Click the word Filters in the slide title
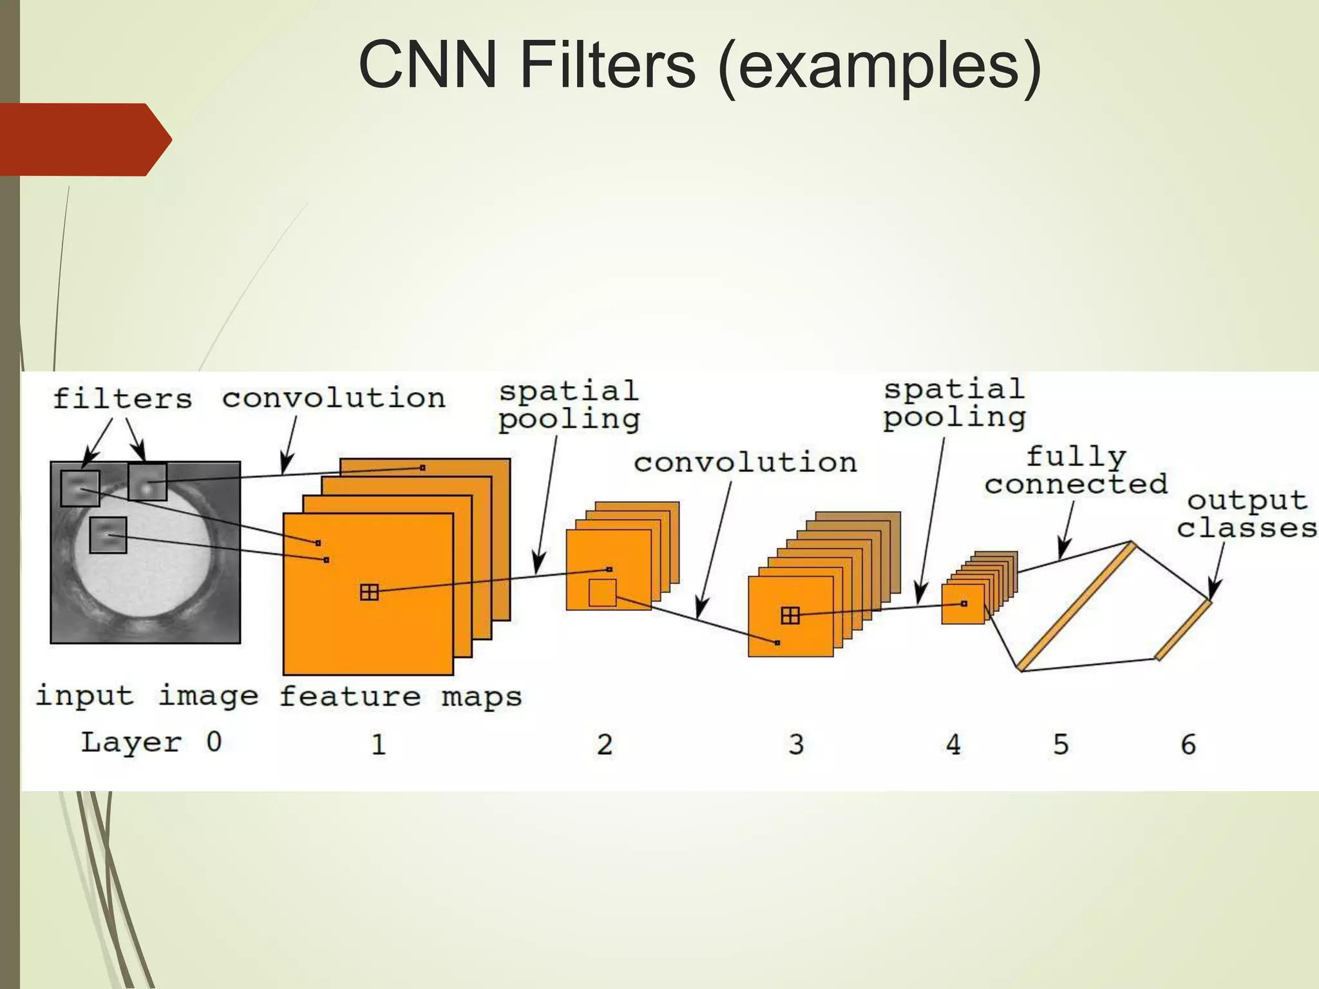pos(607,64)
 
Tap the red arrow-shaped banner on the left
pos(84,140)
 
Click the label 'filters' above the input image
pos(122,399)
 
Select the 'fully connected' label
pos(1076,471)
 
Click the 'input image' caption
pos(147,696)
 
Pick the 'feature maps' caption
pos(400,697)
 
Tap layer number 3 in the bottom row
pos(796,744)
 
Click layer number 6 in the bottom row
pos(1188,744)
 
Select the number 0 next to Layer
pos(214,742)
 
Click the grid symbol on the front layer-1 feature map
pos(369,592)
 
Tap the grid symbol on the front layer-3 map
pos(790,616)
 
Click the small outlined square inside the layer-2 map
pos(602,592)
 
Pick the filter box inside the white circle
pos(108,535)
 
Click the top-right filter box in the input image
pos(147,482)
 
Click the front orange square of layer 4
pos(962,604)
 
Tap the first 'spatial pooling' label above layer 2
pos(569,405)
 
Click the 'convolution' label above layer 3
pos(745,462)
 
